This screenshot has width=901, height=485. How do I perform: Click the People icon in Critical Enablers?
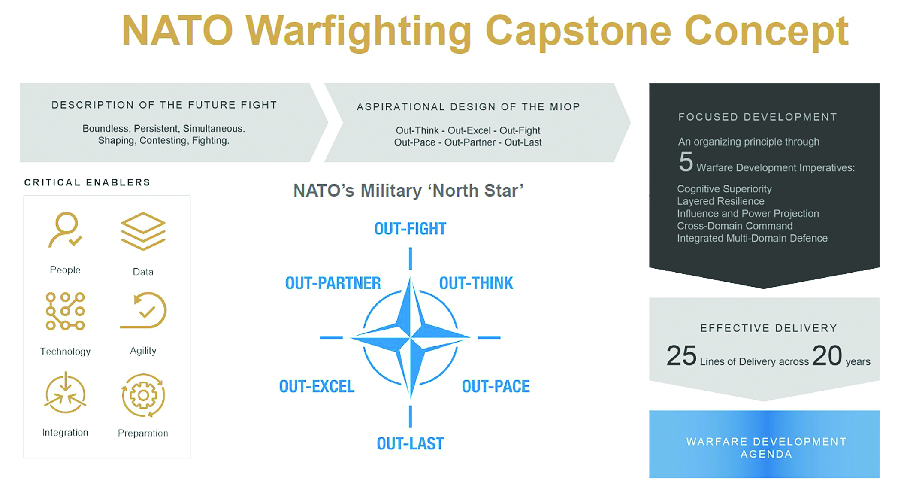coord(65,230)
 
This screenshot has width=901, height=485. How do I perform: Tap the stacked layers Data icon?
coord(143,231)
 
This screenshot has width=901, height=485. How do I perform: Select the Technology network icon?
coord(65,312)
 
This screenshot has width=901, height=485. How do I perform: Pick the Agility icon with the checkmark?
coord(143,310)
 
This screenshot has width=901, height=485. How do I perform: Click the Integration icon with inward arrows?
coord(65,393)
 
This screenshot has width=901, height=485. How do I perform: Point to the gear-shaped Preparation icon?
coord(143,395)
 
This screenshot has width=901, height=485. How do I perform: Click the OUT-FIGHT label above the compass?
coord(410,229)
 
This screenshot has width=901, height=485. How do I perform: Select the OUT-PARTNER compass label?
coord(333,283)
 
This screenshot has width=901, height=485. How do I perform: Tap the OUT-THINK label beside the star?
coord(476,283)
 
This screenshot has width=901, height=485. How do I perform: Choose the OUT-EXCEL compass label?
coord(317,387)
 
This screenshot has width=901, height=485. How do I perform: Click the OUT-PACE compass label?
coord(496,387)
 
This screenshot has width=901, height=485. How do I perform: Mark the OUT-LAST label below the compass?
coord(410,444)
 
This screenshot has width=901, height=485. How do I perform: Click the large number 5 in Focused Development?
coord(686,162)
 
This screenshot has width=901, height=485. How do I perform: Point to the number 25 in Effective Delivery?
coord(681,356)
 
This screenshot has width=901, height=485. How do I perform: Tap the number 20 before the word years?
coord(827,356)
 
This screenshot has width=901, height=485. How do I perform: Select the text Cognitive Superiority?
coord(724,189)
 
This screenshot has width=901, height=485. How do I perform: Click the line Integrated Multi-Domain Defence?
coord(752,238)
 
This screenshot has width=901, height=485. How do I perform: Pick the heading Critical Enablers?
coord(87,182)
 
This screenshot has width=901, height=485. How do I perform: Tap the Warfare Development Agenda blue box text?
coord(766,448)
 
